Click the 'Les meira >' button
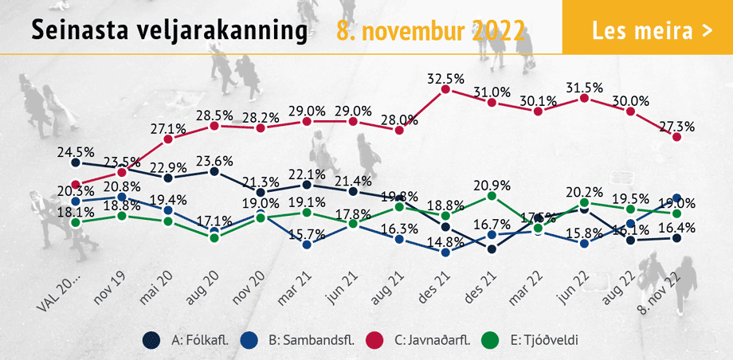[648, 31]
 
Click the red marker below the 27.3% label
[677, 137]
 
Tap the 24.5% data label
[76, 151]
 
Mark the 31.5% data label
[585, 86]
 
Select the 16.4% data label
[678, 226]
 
